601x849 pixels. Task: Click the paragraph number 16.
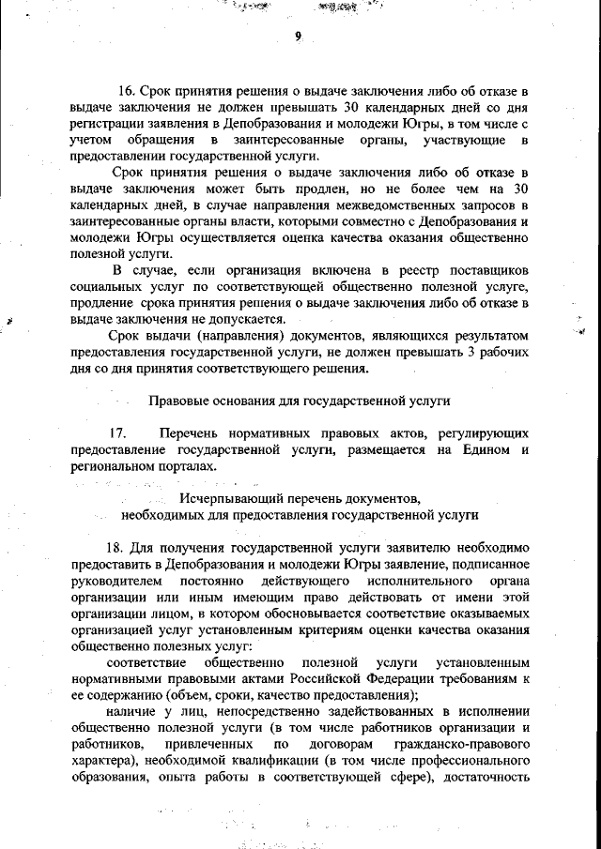click(x=125, y=92)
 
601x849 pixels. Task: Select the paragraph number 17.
click(x=117, y=433)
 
